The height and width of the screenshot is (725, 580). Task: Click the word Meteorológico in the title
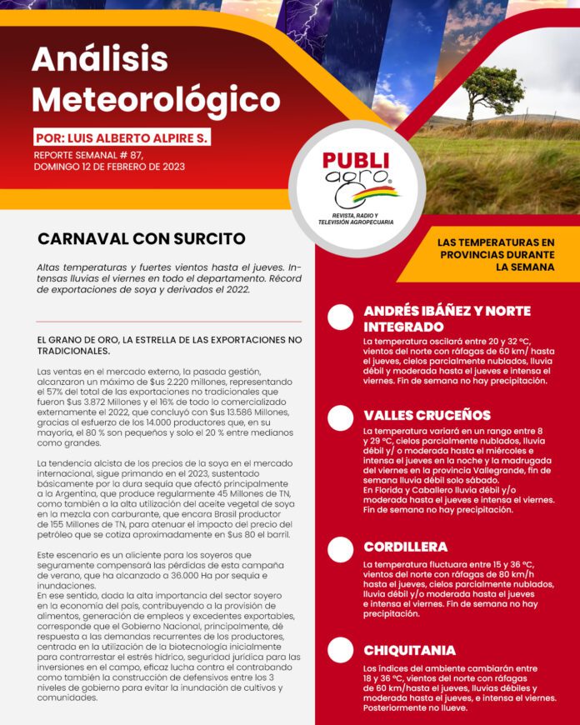coord(156,99)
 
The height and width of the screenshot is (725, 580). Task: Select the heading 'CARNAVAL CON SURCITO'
coord(142,239)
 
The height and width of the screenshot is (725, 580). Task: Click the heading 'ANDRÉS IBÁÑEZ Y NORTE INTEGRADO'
coord(447,318)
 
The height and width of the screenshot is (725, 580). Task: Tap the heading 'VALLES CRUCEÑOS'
coord(427,415)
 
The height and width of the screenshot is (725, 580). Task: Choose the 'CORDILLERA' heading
coord(405,547)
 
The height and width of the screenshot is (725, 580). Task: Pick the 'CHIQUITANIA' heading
coord(409,650)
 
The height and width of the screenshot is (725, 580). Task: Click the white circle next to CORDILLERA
coord(340,549)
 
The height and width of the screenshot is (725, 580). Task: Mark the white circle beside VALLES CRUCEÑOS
coord(340,417)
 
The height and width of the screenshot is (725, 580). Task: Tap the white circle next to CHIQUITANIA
coord(340,650)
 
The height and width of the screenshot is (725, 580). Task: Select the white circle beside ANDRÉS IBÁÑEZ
coord(340,317)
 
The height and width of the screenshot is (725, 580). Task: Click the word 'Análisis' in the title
coord(100,60)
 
